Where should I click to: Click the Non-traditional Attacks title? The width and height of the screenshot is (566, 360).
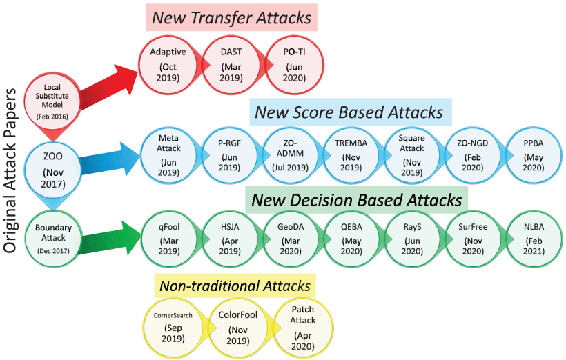pos(235,286)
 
